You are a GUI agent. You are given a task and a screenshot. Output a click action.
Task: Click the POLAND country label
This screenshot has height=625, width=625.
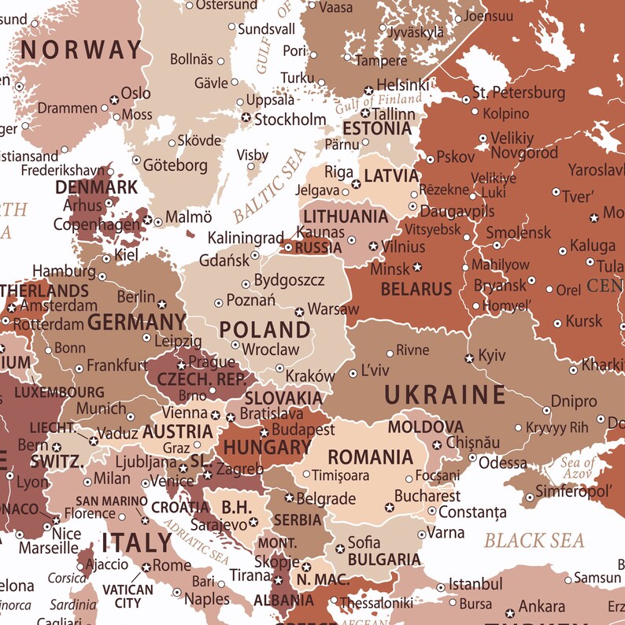(264, 329)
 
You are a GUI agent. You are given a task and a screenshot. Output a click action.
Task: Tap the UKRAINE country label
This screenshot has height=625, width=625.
(445, 394)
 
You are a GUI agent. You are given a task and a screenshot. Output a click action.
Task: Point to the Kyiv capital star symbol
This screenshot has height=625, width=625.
(470, 358)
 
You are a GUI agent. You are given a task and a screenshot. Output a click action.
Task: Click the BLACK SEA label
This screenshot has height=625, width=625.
(534, 540)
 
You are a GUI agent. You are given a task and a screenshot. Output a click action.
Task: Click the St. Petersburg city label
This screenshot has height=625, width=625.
(519, 93)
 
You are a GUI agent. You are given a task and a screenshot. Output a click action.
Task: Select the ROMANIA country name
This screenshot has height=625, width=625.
(370, 457)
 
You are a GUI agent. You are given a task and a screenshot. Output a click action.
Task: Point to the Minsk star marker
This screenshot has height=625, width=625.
(417, 268)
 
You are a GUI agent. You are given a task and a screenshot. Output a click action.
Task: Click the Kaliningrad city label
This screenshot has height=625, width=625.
(245, 238)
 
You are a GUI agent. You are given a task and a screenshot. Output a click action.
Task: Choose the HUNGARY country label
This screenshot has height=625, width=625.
(267, 448)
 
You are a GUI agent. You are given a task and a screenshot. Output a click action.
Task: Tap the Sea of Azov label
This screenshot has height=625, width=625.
(578, 469)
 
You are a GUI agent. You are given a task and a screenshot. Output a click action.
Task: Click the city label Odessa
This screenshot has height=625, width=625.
(503, 463)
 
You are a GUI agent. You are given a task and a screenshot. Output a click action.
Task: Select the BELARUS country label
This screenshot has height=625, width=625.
(416, 289)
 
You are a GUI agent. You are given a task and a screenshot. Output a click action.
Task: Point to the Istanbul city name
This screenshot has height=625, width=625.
(475, 585)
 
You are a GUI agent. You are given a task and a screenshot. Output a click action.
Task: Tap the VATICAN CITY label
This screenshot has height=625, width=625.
(128, 596)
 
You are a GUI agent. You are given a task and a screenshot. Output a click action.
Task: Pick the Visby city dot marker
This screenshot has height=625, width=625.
(252, 167)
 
